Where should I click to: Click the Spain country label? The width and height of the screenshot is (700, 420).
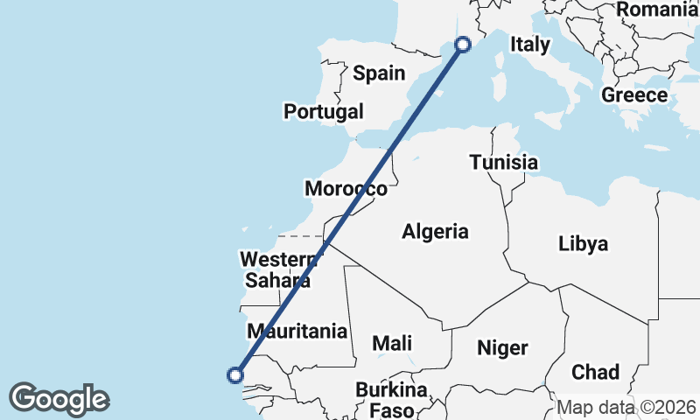point(379,73)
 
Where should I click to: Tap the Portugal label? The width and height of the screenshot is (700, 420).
point(323,111)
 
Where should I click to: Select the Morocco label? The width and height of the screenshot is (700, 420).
point(346,188)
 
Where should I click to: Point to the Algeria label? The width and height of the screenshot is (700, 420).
point(435,232)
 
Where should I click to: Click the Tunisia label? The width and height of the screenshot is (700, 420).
point(503,162)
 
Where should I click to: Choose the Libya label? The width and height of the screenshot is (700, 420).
point(583,244)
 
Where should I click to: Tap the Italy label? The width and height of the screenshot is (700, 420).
point(530,45)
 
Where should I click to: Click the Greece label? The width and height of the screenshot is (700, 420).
point(634,95)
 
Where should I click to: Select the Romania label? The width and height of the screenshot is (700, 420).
point(655,10)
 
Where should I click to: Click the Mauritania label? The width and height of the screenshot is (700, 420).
point(297,332)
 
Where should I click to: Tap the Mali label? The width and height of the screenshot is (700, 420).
point(392,344)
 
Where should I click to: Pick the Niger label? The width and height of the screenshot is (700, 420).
point(502,347)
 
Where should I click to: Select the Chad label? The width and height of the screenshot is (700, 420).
point(595,372)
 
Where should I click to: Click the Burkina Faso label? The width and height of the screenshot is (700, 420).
point(391,398)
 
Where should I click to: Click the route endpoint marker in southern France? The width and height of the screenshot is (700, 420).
point(464,45)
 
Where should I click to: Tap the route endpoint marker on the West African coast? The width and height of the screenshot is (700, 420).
point(234,375)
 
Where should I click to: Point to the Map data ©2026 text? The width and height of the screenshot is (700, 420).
point(626,408)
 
